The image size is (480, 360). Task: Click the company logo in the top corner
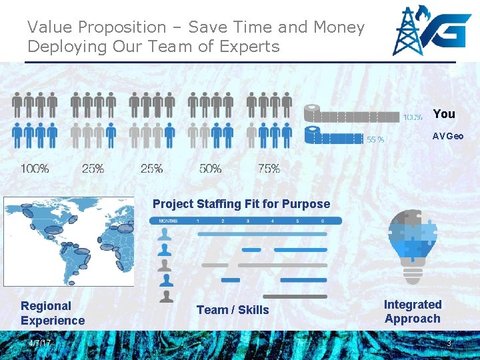(x=429, y=31)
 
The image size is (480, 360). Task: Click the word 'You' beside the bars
(x=443, y=114)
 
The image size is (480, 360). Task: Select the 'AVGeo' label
(x=447, y=136)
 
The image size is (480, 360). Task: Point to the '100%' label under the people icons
(x=35, y=169)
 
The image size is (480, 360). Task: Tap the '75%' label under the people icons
(x=269, y=169)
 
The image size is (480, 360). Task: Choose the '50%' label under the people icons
(x=210, y=169)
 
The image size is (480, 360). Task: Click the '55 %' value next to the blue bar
(x=375, y=140)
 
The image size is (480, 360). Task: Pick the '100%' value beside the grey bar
(x=412, y=117)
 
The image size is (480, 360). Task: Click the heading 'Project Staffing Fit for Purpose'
(x=241, y=204)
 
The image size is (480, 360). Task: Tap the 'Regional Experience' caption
(x=53, y=313)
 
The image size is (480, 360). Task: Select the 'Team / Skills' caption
(x=233, y=310)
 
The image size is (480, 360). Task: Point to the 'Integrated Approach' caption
(x=413, y=311)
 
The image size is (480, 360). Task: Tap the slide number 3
(x=449, y=343)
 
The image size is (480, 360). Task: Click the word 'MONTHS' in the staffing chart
(x=168, y=221)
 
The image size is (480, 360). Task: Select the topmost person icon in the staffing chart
(x=165, y=234)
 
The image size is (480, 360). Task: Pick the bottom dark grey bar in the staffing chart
(x=295, y=296)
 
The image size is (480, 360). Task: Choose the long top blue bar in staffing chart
(x=262, y=234)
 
